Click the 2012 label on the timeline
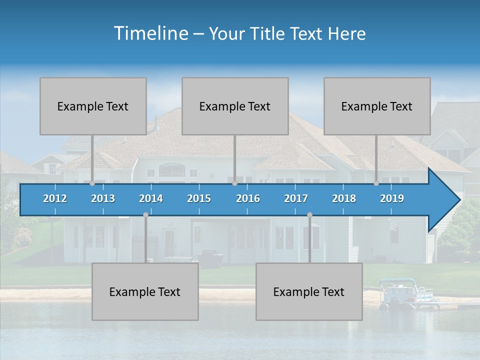click(55, 198)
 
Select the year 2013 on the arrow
click(103, 198)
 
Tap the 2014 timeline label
click(151, 198)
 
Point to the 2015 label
click(199, 198)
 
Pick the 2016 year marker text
click(248, 198)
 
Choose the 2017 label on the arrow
click(296, 198)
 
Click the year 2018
click(344, 198)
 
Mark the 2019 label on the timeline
click(392, 198)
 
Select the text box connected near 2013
click(93, 106)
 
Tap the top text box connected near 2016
click(235, 106)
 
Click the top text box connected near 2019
click(377, 106)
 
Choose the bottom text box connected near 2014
click(145, 291)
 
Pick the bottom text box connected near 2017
click(309, 291)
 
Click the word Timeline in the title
click(150, 33)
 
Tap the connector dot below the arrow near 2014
click(145, 214)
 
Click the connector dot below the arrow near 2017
click(309, 214)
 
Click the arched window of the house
click(171, 170)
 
